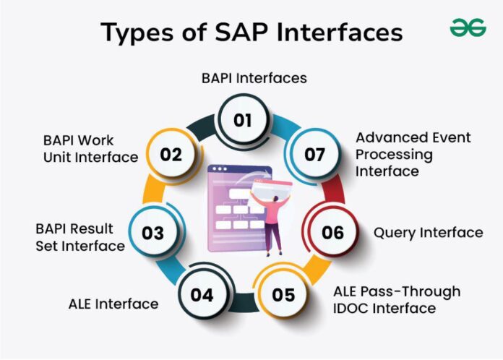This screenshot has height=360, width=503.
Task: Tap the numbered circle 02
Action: point(172,154)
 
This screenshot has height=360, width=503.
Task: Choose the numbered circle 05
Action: point(284,295)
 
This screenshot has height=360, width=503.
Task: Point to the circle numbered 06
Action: point(332,233)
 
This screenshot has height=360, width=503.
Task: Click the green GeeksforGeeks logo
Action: point(468,28)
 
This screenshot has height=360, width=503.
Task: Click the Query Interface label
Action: point(428,233)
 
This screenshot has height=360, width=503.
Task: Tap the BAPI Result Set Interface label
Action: point(79,237)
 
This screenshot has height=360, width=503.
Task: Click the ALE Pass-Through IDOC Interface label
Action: point(396,300)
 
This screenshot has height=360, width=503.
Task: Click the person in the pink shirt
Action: point(273,221)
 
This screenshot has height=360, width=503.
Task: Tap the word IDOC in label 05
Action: point(351,309)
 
